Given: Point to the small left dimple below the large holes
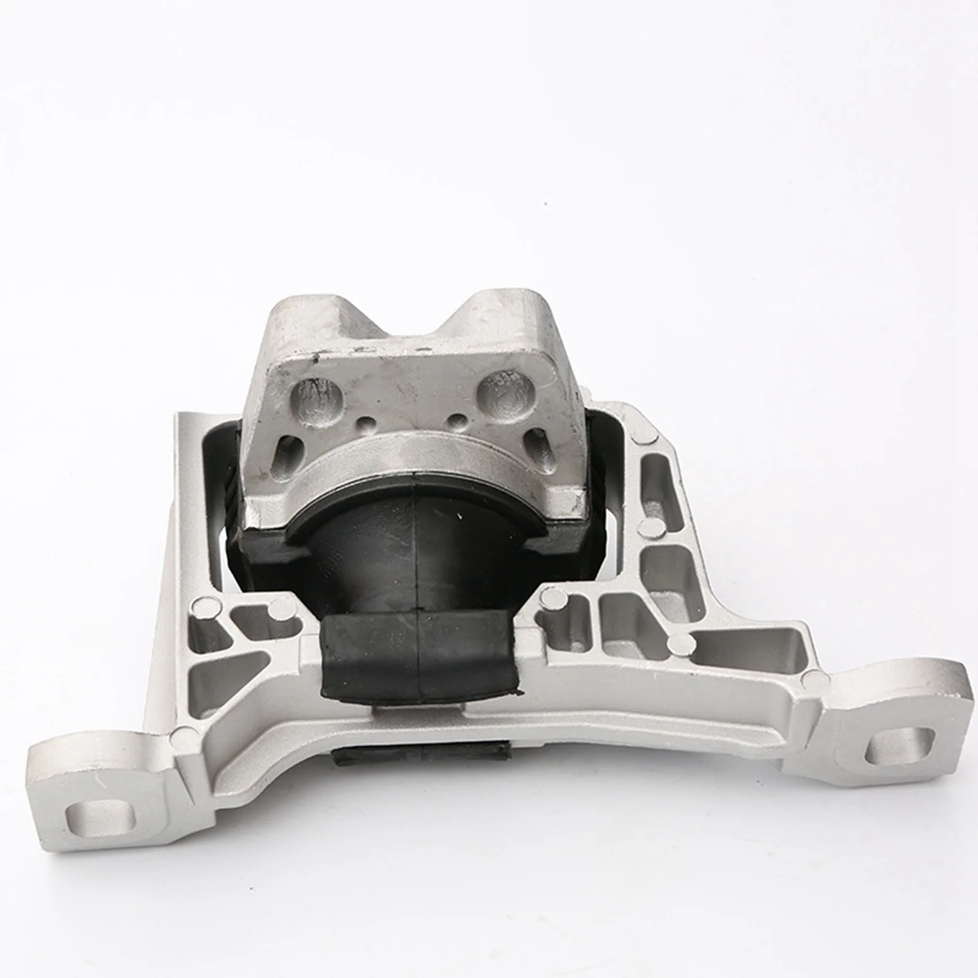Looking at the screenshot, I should click(x=366, y=427).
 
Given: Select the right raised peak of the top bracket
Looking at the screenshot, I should click(x=506, y=299).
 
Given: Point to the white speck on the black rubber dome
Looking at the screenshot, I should click(x=460, y=522).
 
